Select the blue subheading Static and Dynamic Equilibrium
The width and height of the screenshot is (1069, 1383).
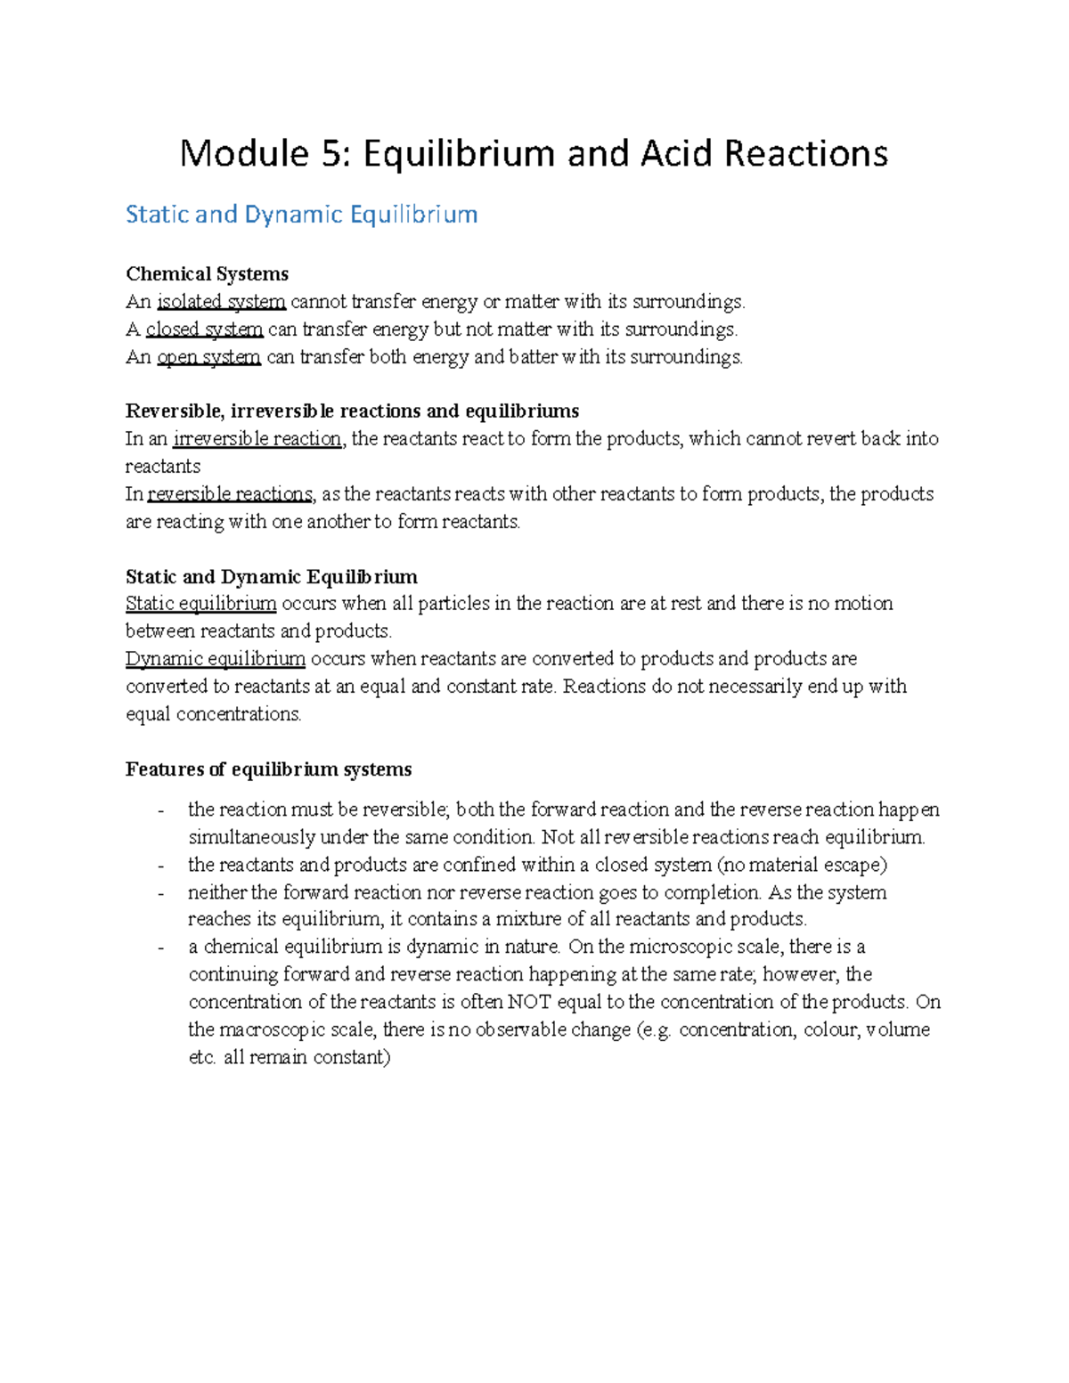point(302,215)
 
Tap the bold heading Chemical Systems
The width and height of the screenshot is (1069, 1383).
point(207,273)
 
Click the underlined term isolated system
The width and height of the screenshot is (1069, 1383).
point(221,302)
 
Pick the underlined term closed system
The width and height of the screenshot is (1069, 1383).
point(204,329)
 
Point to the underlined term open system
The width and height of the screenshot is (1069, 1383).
point(208,357)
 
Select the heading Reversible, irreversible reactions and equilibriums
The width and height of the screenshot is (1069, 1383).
point(352,411)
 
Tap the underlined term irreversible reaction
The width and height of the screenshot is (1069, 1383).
point(257,439)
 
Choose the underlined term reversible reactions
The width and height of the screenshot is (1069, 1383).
point(230,494)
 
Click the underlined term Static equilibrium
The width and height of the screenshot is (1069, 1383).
point(201,604)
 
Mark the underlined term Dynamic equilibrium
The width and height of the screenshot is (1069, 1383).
point(216,659)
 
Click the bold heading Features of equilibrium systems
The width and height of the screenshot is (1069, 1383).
point(268,769)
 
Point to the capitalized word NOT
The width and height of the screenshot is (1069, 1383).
point(530,1002)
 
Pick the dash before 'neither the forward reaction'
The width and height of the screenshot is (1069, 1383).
point(160,893)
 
